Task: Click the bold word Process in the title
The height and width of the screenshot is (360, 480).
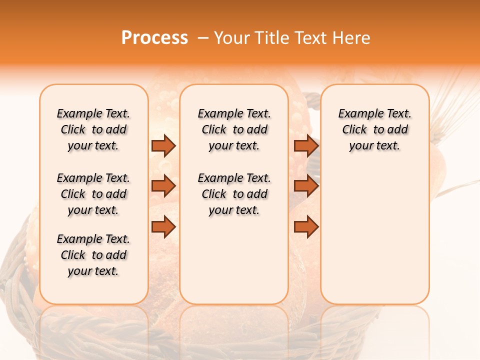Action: point(154,37)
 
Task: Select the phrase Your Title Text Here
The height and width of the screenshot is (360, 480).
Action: point(292,38)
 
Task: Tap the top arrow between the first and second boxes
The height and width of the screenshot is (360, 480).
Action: point(163,145)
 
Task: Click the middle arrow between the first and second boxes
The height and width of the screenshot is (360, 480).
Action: point(163,186)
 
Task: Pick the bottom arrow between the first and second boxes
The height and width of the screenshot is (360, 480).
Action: point(163,227)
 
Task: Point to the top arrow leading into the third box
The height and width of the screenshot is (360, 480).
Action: point(306,145)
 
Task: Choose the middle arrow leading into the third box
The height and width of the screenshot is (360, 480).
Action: point(306,186)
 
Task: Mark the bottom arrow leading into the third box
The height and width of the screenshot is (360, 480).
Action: point(306,227)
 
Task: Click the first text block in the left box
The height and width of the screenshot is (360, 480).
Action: point(93,129)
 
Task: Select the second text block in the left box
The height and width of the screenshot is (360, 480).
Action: point(93,194)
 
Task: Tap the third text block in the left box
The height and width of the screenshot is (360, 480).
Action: point(93,255)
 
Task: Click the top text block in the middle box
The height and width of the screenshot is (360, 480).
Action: point(234,129)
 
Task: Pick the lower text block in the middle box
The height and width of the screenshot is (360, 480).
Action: point(234,194)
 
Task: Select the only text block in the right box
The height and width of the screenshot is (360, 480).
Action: point(374,129)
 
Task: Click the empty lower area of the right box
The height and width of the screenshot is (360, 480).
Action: point(374,235)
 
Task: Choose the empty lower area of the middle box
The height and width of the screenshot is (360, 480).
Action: point(234,260)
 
